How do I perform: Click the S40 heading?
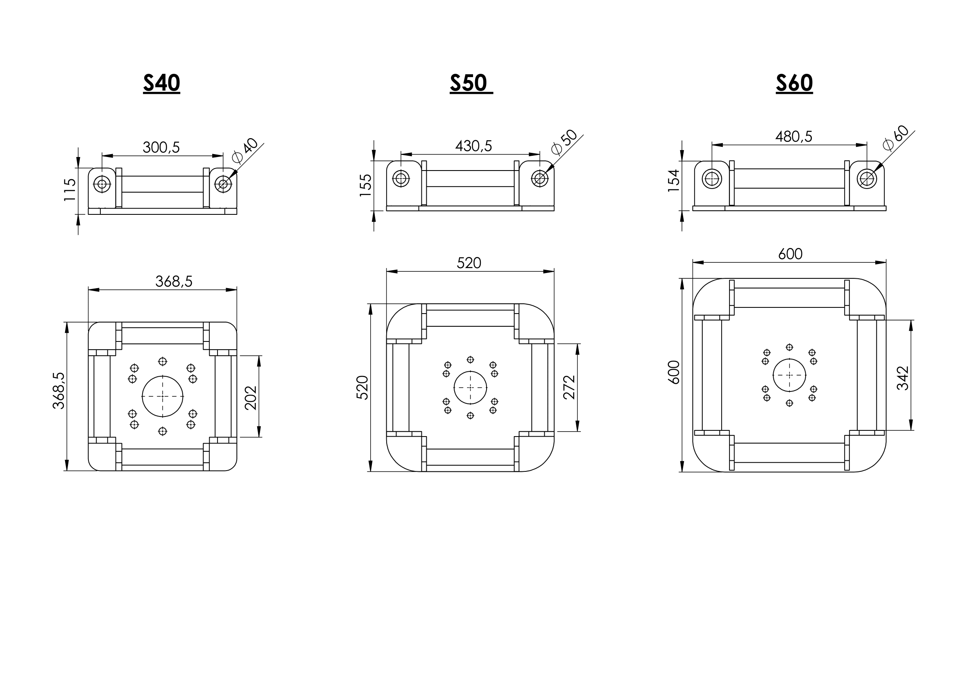click(x=161, y=83)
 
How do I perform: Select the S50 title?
click(x=469, y=83)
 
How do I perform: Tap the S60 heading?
click(x=795, y=83)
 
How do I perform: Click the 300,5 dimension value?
click(x=161, y=148)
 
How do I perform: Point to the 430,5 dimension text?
click(x=473, y=146)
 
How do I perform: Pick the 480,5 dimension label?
click(x=794, y=137)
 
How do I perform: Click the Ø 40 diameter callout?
click(x=245, y=150)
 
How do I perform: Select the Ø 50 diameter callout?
click(x=564, y=142)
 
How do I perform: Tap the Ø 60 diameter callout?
click(x=896, y=138)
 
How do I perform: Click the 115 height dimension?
click(x=70, y=190)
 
